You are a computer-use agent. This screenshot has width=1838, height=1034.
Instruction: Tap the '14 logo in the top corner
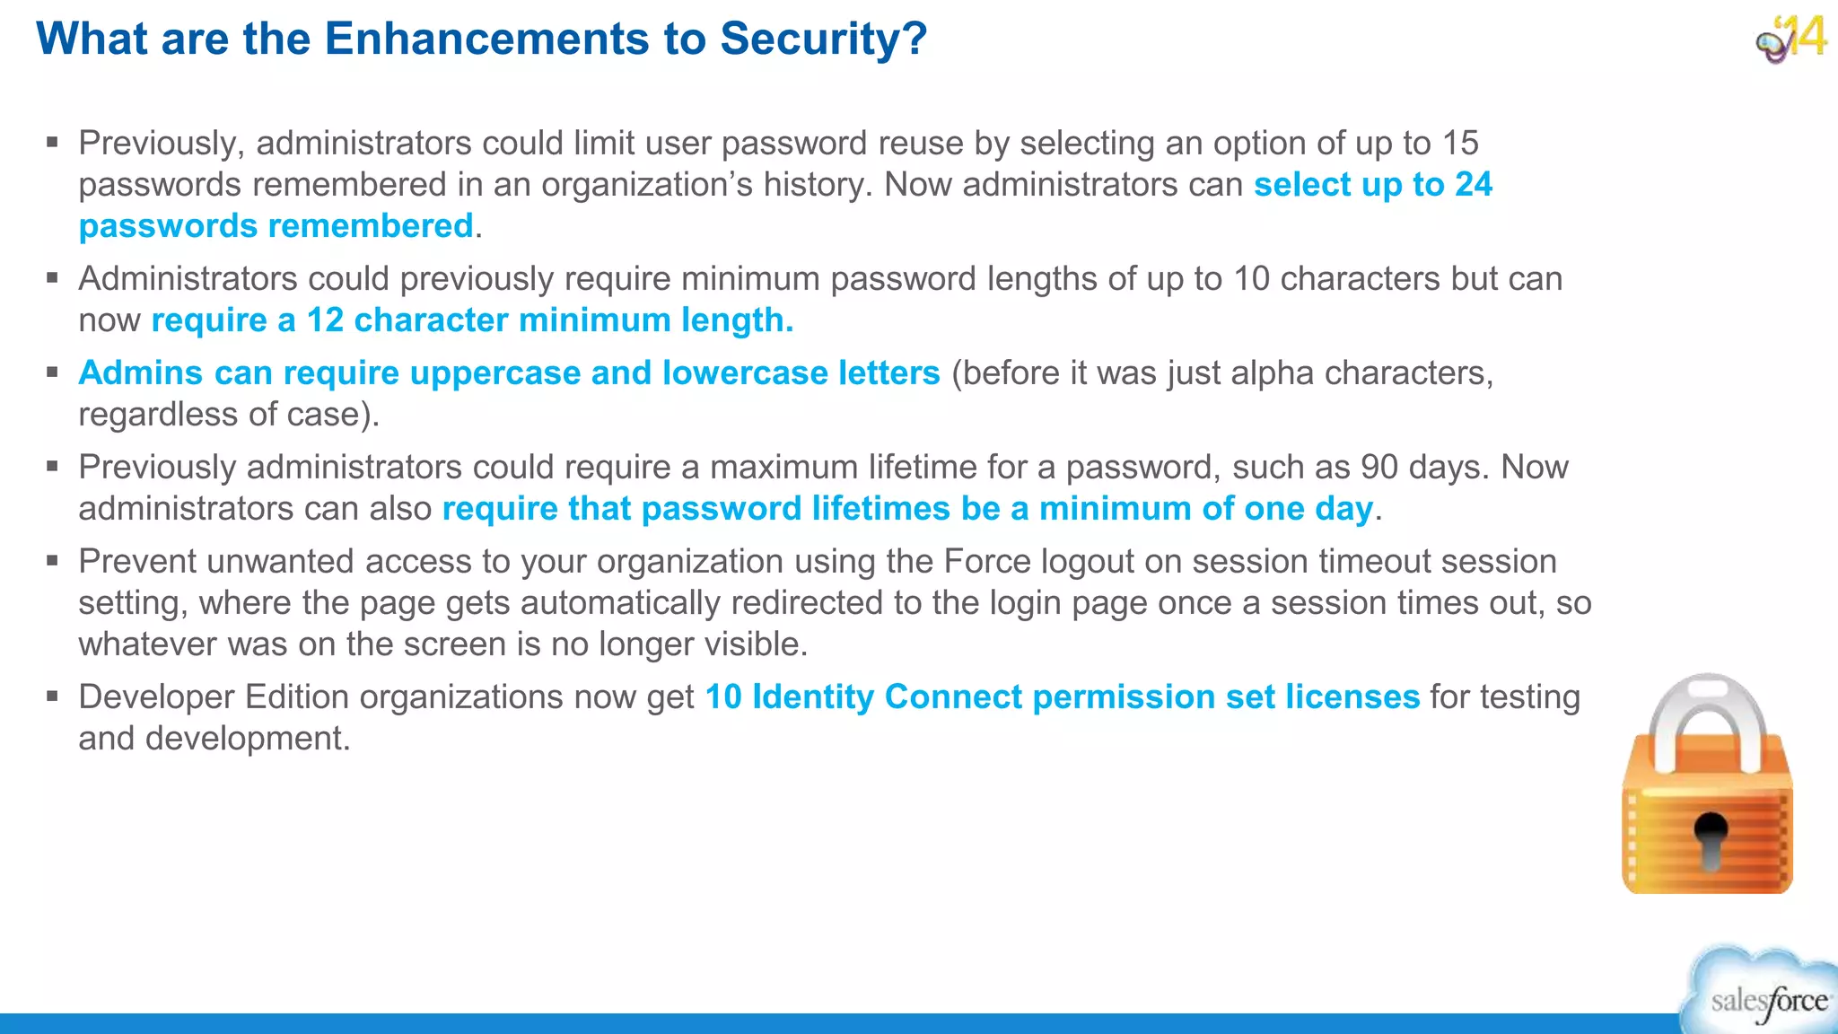point(1791,39)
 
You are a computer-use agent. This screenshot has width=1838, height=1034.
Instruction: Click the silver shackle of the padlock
point(1708,718)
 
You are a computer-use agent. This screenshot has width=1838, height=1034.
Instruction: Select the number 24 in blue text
point(1474,184)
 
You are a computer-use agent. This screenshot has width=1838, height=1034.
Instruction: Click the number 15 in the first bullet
point(1460,143)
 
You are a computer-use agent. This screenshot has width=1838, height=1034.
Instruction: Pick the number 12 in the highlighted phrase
point(325,320)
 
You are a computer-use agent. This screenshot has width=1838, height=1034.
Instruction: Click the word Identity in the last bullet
point(812,697)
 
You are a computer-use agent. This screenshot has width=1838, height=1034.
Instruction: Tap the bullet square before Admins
point(53,372)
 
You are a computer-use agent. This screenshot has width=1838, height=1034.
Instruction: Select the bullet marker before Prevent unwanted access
point(53,561)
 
